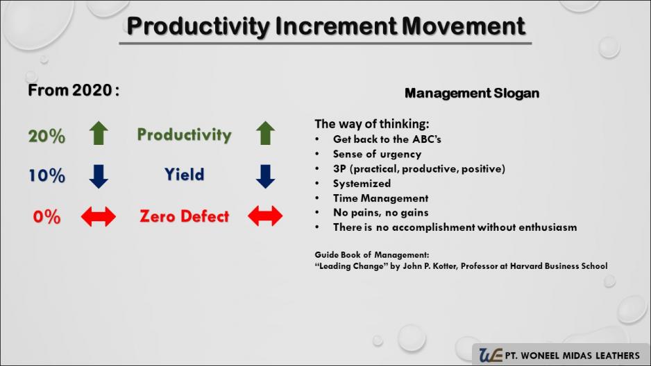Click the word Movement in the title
coord(464,26)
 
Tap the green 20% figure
coord(46,136)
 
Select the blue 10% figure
coord(46,175)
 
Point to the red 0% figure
coord(46,217)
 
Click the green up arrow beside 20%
coord(99,133)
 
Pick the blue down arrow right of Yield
coord(265,177)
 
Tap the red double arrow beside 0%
coord(99,216)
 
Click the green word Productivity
coord(185,134)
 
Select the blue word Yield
coord(185,175)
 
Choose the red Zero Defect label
coord(185,216)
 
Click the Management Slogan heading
coord(472,94)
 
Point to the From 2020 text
coord(74,90)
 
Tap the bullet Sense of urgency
coord(377,154)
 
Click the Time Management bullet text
coord(381,198)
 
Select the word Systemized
coord(362,183)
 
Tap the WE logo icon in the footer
coord(490,355)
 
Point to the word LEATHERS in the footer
coord(618,356)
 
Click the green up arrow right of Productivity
coord(265,133)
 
